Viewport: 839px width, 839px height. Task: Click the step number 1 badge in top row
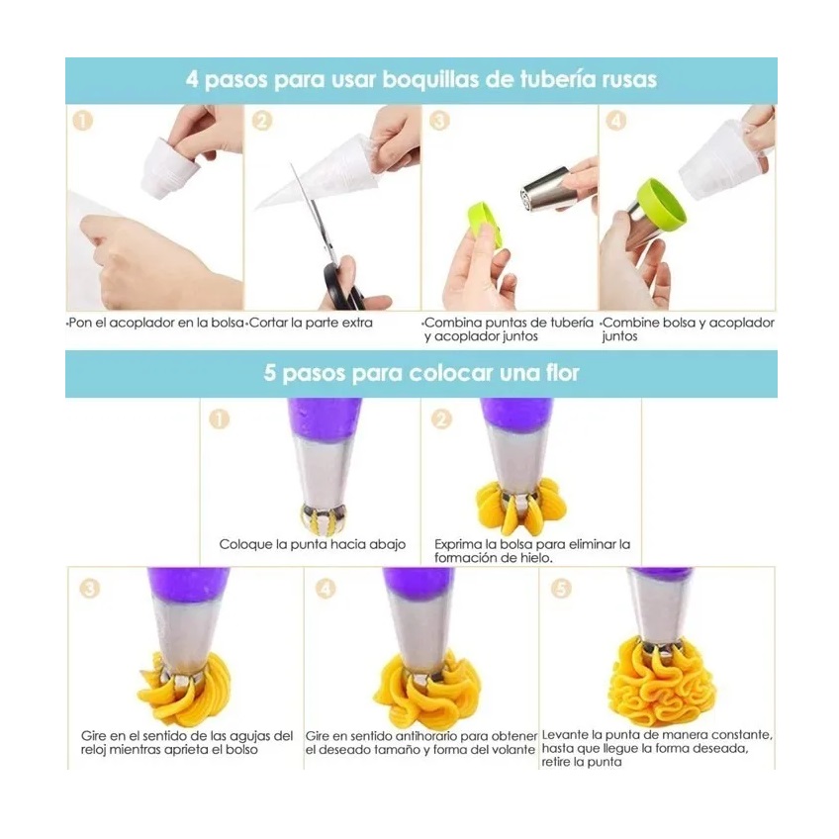click(83, 121)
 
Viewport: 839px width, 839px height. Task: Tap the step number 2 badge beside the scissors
click(262, 121)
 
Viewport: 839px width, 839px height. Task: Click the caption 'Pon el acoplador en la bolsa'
click(155, 324)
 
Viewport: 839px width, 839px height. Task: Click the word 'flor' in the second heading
click(559, 374)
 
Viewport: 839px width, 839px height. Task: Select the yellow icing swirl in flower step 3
click(184, 688)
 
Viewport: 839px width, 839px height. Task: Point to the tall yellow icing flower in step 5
click(661, 681)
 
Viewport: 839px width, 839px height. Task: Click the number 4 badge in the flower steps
click(326, 589)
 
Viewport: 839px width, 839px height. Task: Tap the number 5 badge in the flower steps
click(561, 589)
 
